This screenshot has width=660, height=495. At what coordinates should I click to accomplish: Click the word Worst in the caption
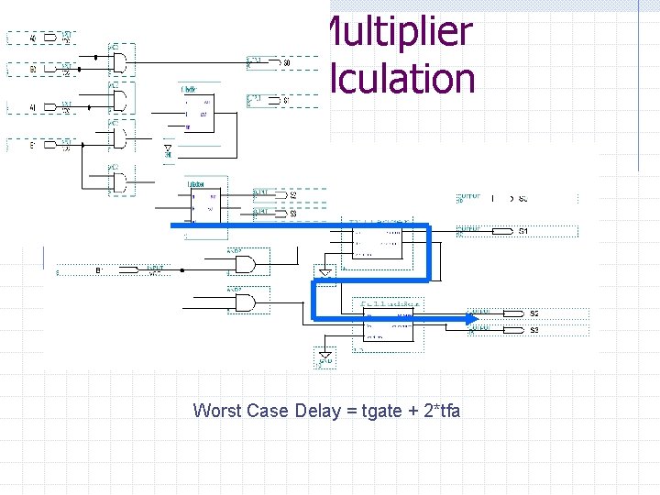tap(217, 411)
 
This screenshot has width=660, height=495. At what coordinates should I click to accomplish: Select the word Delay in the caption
tap(317, 411)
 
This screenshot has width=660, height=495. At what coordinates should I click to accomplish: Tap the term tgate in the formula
tap(382, 411)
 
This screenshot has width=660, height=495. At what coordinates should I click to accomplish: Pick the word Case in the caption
tap(268, 411)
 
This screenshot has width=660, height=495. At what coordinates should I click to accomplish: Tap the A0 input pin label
tap(33, 38)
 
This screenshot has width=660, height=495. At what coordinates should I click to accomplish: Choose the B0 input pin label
tap(33, 69)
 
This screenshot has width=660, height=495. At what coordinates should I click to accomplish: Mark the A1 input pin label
tap(33, 107)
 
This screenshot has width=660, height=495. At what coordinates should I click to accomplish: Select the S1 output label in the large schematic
tap(523, 231)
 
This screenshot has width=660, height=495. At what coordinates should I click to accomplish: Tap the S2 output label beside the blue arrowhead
tap(534, 313)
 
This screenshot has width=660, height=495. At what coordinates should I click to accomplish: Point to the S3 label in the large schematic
tap(534, 329)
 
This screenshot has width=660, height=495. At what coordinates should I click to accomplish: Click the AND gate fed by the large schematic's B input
tap(246, 264)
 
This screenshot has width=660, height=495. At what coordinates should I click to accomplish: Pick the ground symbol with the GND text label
tap(324, 357)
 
